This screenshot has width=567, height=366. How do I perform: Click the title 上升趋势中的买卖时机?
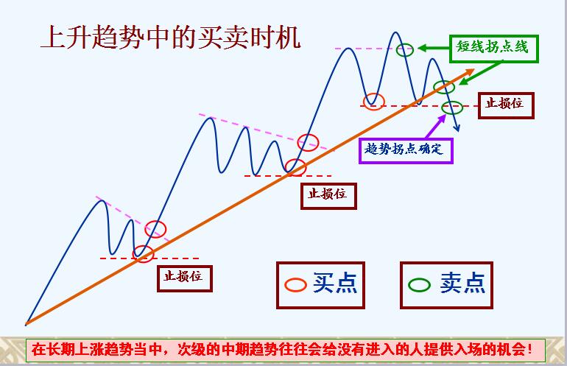(x=171, y=37)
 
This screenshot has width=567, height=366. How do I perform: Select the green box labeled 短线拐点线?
(x=494, y=49)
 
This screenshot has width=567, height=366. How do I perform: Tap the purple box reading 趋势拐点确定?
(x=406, y=150)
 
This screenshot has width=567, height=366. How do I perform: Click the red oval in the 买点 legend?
(x=295, y=285)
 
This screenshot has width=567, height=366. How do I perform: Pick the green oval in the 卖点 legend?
(x=419, y=285)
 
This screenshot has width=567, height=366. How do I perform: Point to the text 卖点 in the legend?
(x=462, y=283)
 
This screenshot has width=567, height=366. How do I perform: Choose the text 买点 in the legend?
(x=335, y=283)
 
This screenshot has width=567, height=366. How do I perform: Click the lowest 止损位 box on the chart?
(x=185, y=278)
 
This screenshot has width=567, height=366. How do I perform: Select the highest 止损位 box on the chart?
(x=506, y=105)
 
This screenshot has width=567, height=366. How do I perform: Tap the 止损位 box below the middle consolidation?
(x=328, y=196)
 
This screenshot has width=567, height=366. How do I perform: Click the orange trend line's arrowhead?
(x=469, y=71)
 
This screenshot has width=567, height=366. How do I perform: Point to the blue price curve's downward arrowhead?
(x=457, y=128)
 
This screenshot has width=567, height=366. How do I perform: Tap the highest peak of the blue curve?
(x=395, y=32)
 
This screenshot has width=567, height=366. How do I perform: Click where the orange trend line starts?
(x=26, y=324)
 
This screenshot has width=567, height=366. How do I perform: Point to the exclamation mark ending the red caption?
(x=529, y=350)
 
